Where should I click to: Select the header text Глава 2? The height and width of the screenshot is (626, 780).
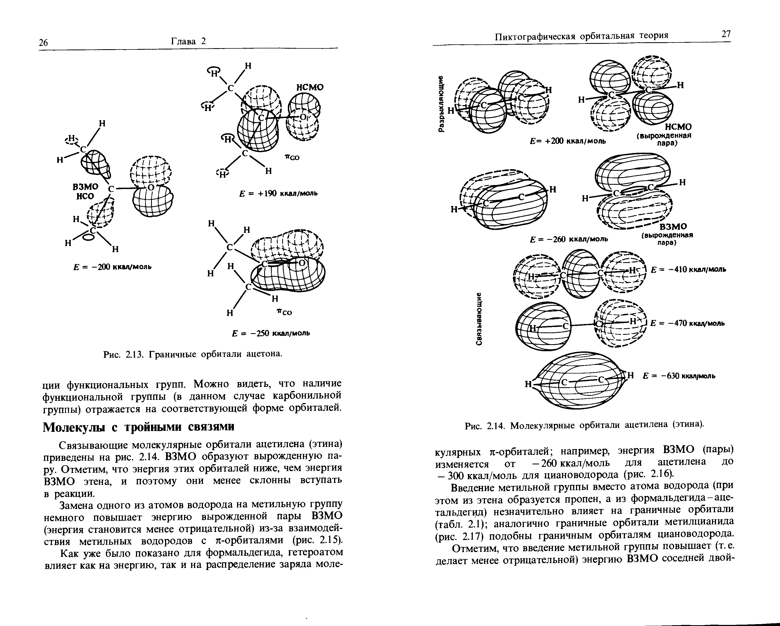click(x=188, y=41)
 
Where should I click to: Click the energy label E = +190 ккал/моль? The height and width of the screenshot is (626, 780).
click(x=278, y=193)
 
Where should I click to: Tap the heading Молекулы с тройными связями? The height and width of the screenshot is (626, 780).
click(x=139, y=427)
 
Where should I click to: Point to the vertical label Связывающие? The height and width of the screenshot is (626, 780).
click(x=479, y=318)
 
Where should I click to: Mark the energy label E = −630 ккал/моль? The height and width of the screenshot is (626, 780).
click(x=679, y=376)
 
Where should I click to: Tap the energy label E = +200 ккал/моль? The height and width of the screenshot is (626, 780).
click(x=568, y=141)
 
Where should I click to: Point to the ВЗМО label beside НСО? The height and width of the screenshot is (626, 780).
click(x=85, y=187)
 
